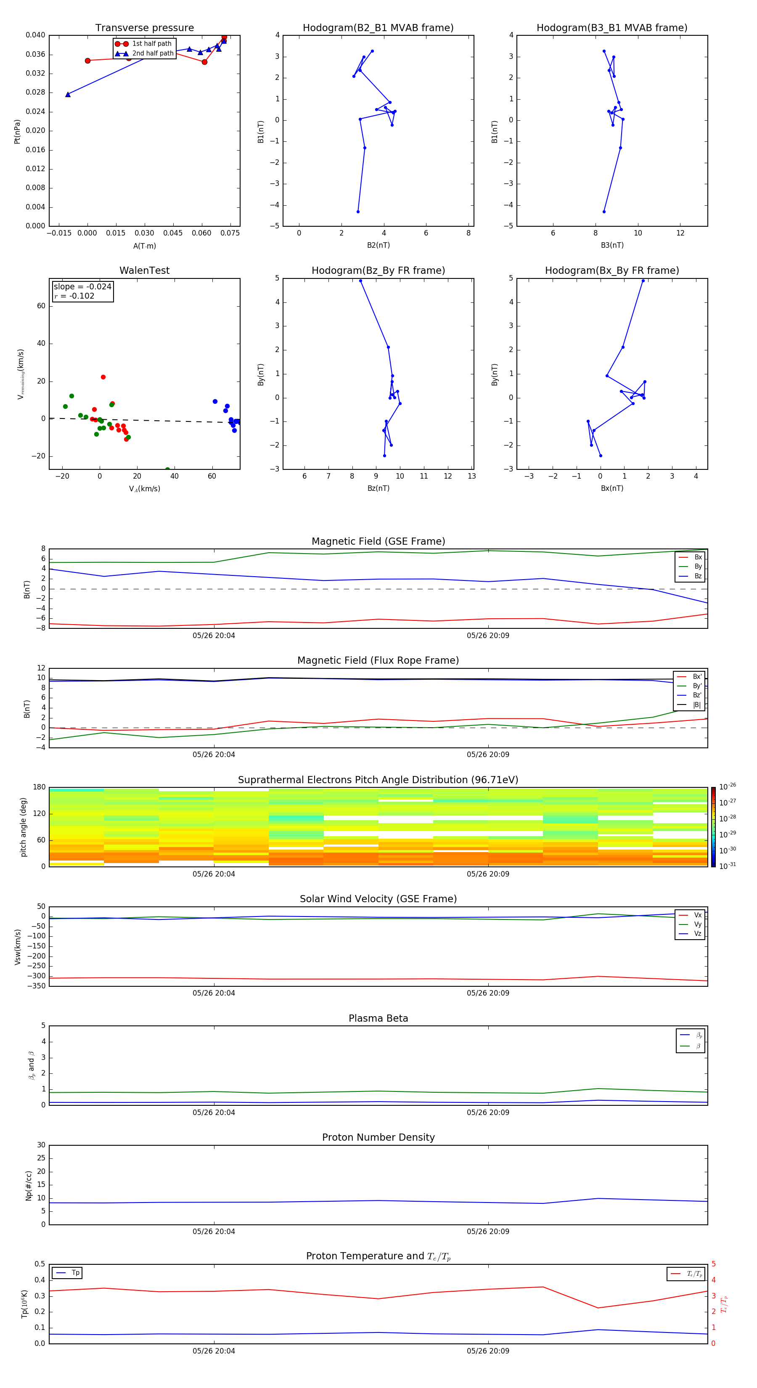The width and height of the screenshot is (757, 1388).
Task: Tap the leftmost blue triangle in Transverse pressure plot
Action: point(68,95)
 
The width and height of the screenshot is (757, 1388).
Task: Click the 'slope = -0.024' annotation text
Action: point(82,287)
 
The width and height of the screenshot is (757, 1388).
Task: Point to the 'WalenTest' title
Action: point(144,270)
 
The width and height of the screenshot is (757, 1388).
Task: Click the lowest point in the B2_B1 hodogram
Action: point(358,212)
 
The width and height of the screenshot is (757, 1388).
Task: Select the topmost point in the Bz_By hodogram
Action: point(360,281)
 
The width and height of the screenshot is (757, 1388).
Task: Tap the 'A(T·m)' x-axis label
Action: point(144,246)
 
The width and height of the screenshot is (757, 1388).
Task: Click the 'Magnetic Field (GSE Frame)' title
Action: point(378,541)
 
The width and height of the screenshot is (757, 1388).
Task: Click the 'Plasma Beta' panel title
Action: point(378,1018)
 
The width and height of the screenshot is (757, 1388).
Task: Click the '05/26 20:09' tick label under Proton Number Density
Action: point(487,1231)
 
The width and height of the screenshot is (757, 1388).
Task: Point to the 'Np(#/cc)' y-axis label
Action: point(29,1185)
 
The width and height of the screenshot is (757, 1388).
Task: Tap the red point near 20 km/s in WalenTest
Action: point(103,377)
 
